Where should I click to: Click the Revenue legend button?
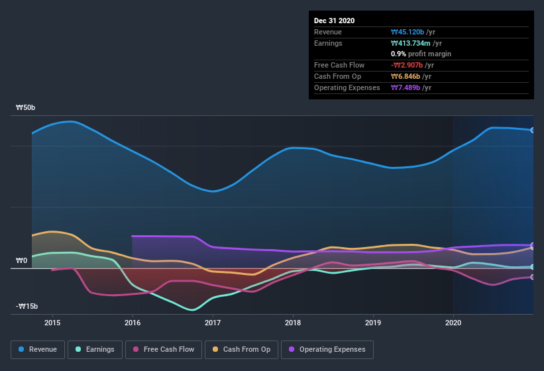pos(38,349)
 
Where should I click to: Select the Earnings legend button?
pos(95,349)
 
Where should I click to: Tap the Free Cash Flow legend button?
pos(164,349)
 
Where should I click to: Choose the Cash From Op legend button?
pos(241,349)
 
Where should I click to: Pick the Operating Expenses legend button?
pos(327,349)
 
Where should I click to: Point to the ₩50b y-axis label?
pos(26,107)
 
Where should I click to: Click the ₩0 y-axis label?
pos(21,261)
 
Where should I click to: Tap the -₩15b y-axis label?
pos(26,306)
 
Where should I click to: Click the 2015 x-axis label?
pos(52,323)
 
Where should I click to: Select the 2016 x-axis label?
pos(133,323)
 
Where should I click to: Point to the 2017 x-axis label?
pos(213,323)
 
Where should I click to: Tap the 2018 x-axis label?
pos(293,323)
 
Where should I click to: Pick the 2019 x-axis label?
pos(373,323)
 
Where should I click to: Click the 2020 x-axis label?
pos(453,323)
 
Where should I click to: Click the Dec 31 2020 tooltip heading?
pos(335,21)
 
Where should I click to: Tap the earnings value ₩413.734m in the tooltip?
pos(413,43)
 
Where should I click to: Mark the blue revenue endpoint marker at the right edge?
pos(533,130)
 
